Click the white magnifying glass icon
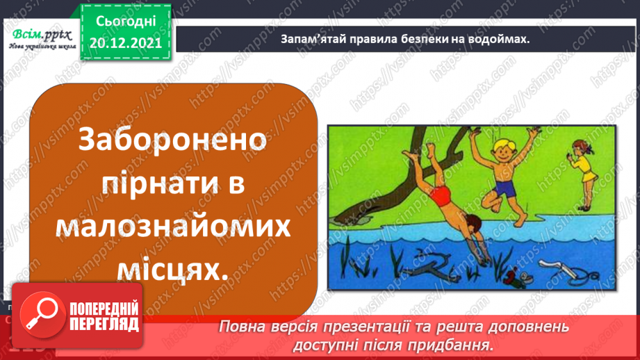[x=38, y=311]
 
